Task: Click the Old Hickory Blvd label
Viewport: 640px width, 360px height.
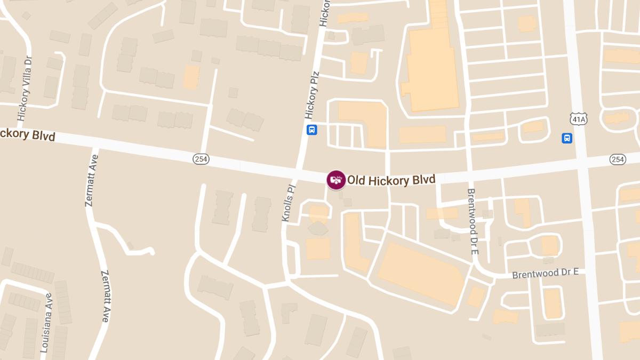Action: [391, 180]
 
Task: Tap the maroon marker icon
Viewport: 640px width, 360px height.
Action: [336, 180]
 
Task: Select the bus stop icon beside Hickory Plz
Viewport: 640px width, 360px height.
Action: [312, 130]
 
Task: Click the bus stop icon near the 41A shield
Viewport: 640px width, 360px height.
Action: [567, 138]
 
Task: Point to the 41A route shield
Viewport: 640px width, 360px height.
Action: [578, 118]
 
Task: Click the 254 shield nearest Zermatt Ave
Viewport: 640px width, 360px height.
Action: [201, 158]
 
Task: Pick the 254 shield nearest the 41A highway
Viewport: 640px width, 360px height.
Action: [618, 159]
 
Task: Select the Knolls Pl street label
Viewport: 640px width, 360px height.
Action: [288, 203]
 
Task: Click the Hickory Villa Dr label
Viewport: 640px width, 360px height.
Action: [25, 88]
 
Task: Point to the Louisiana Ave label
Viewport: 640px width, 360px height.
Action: [46, 324]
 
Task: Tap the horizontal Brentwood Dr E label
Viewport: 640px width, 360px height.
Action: [545, 274]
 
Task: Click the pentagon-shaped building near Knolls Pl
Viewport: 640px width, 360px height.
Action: [318, 228]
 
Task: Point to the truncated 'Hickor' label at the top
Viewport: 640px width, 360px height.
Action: [324, 12]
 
